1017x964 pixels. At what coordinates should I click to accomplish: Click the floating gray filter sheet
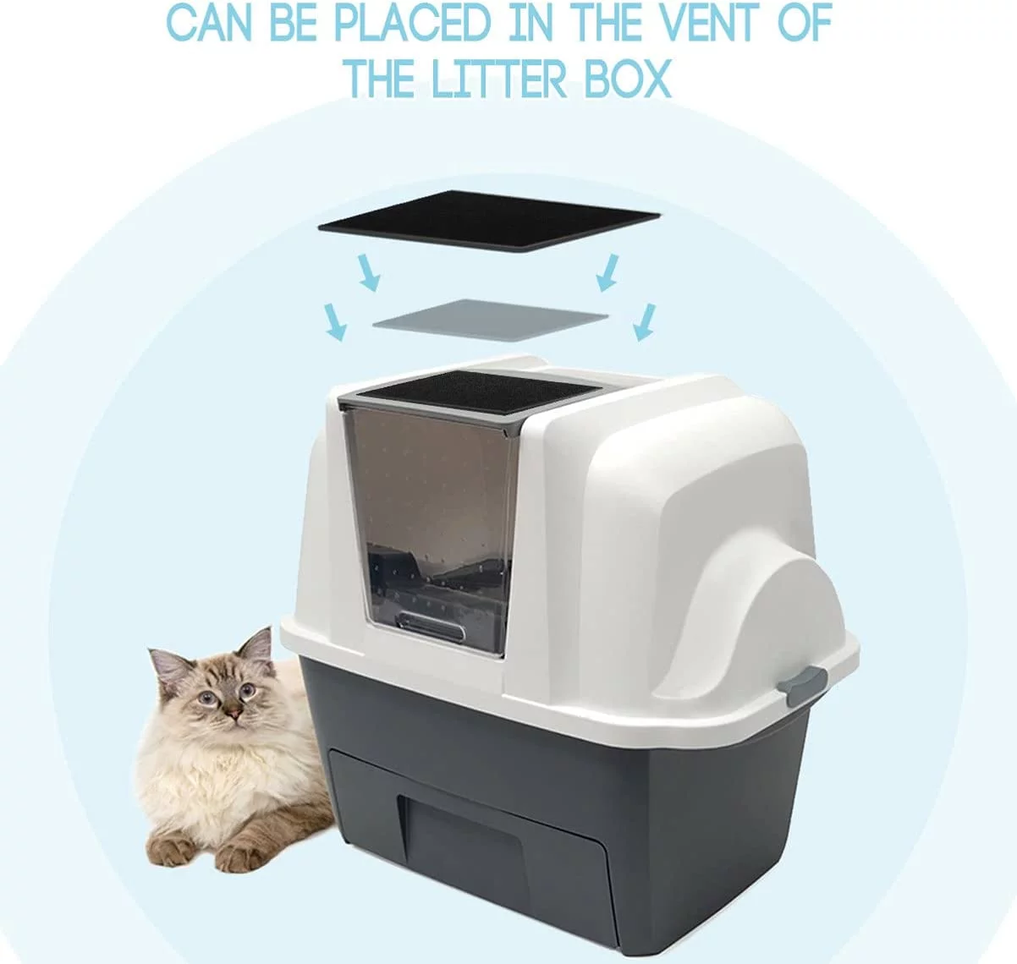pyautogui.click(x=490, y=320)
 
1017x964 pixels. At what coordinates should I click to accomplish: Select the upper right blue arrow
pyautogui.click(x=607, y=272)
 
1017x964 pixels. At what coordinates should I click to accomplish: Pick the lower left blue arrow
pyautogui.click(x=334, y=323)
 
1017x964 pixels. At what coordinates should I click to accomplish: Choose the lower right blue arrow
pyautogui.click(x=645, y=322)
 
